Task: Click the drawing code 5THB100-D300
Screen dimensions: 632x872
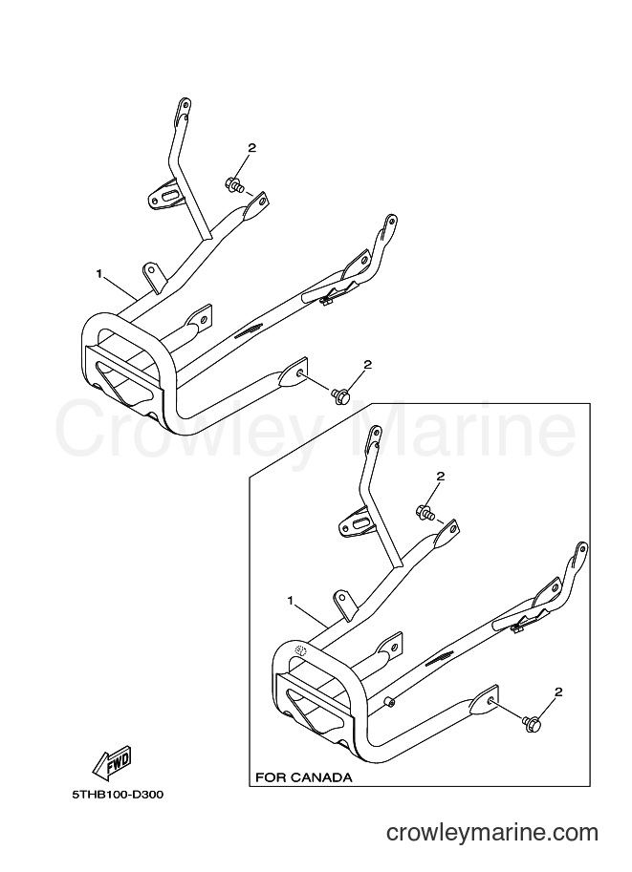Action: point(118,796)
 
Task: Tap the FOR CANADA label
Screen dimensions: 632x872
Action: point(303,776)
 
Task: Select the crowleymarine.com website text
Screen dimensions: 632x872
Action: point(492,833)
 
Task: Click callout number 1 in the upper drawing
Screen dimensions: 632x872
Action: point(99,273)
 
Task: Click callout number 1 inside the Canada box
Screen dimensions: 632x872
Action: point(290,600)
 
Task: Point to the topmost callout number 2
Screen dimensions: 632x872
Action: point(251,148)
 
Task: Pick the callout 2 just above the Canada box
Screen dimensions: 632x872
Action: point(367,365)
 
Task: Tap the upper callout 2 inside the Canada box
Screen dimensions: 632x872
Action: point(441,476)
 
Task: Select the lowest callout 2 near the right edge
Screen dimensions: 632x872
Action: point(558,692)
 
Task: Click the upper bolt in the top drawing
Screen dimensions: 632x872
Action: point(234,184)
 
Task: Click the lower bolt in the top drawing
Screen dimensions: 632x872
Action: point(339,394)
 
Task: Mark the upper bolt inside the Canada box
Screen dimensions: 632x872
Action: point(425,512)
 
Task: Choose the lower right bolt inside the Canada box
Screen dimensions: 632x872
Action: point(529,722)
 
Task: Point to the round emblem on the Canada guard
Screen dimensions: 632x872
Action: point(301,649)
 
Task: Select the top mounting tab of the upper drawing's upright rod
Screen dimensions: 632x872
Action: point(185,109)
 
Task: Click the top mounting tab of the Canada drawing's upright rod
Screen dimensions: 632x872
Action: point(375,436)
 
